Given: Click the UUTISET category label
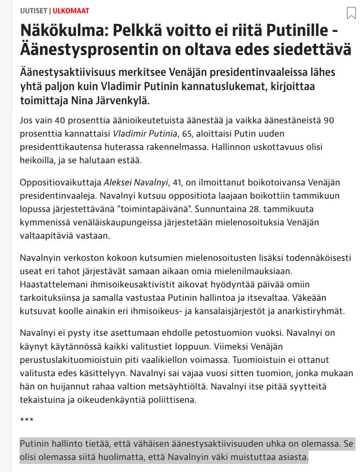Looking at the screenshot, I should pos(34,10).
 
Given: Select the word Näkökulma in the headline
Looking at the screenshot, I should pos(61,32).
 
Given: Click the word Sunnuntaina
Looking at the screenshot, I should pos(219,208).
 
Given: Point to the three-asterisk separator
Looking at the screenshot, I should pos(27,420).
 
